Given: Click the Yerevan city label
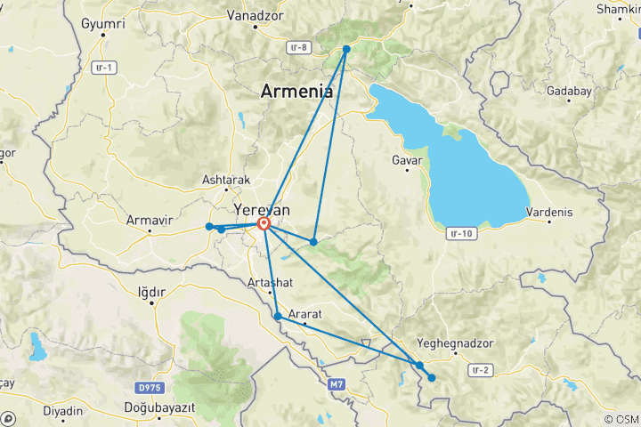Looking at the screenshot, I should point(262,209).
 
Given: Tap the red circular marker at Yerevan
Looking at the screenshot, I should point(264,224).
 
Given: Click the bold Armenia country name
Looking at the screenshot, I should point(296,91).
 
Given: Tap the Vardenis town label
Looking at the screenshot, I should point(549,213).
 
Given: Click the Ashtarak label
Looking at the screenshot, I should point(226,180).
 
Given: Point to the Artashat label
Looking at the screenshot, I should point(268,284).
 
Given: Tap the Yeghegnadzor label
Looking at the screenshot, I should point(449,342).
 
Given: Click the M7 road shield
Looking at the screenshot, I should point(336,384).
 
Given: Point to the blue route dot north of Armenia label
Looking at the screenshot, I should point(346,49).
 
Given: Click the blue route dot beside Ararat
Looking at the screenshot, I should point(278,316).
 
